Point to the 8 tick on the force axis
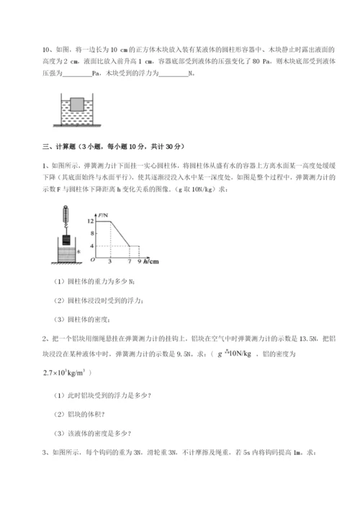[x=91, y=234]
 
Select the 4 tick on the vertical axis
[x=91, y=247]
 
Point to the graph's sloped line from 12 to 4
[x=119, y=234]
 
